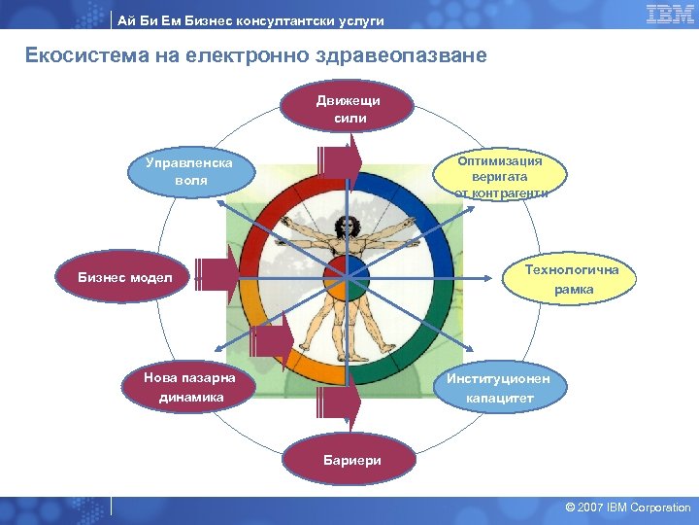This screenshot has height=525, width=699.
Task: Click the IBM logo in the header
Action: click(669, 14)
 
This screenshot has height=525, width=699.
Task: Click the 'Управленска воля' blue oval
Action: click(189, 172)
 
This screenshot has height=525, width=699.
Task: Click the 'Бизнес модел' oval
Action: click(125, 278)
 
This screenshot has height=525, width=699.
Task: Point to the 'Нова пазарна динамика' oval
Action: click(183, 387)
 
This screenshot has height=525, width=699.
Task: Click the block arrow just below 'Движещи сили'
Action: click(339, 158)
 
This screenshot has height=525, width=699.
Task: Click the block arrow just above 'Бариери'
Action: click(339, 399)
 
